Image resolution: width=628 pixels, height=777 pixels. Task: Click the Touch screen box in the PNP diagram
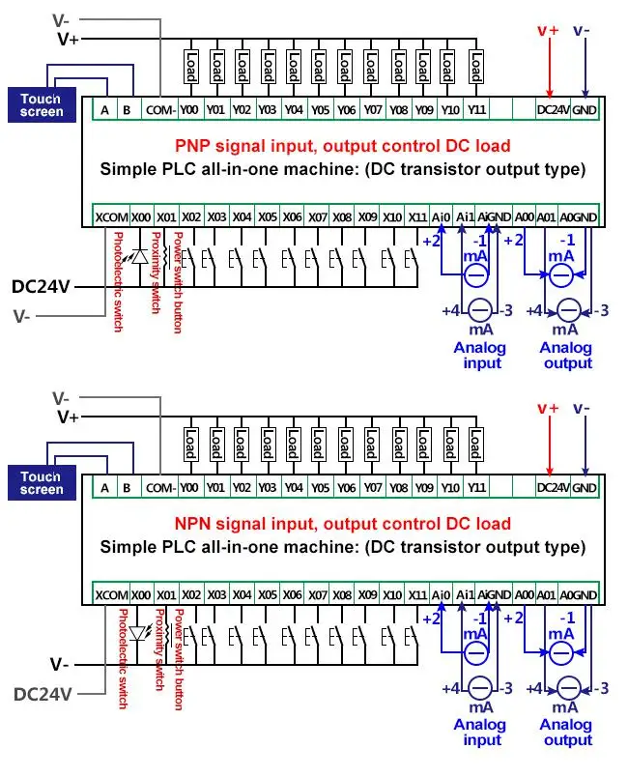(43, 105)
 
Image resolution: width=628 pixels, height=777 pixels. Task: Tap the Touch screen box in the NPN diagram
(43, 483)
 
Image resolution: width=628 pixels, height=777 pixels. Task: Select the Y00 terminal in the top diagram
(190, 110)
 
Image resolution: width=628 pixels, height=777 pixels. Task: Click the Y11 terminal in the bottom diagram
(475, 488)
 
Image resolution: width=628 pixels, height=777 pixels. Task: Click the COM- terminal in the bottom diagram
(160, 488)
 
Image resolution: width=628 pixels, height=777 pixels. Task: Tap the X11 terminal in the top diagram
(417, 216)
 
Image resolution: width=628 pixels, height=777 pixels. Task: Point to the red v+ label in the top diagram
(548, 30)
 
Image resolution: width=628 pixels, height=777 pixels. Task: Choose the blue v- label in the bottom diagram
(584, 409)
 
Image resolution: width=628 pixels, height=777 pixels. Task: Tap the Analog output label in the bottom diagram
(566, 733)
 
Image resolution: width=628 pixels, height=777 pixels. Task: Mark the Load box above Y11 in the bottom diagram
(475, 444)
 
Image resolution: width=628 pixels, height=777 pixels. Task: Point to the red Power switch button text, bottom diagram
(178, 660)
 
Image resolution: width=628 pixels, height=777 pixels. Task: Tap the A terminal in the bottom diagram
(104, 488)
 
